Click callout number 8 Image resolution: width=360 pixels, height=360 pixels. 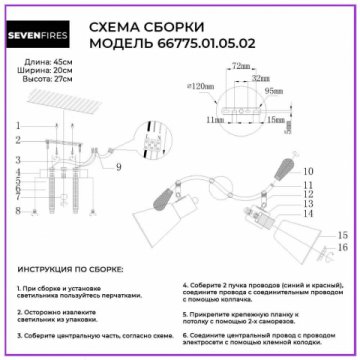coord(17,212)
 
